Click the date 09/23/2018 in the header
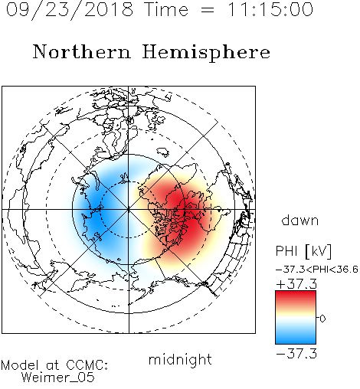click(x=70, y=10)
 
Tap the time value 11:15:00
click(x=270, y=10)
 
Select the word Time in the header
click(x=166, y=10)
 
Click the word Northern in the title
click(x=82, y=52)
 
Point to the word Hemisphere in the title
click(x=206, y=53)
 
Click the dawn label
click(x=300, y=221)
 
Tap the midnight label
click(x=180, y=359)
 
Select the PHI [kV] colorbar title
click(x=303, y=251)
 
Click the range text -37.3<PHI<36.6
click(x=317, y=270)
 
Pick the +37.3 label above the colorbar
click(x=296, y=284)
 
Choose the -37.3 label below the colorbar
click(x=296, y=354)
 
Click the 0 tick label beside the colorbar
click(x=322, y=319)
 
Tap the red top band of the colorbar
click(x=296, y=296)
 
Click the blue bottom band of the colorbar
click(x=296, y=339)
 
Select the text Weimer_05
click(x=58, y=378)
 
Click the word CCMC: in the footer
click(x=87, y=365)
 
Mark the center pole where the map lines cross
click(x=129, y=210)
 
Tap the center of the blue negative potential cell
click(x=96, y=214)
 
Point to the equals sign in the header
click(x=208, y=11)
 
